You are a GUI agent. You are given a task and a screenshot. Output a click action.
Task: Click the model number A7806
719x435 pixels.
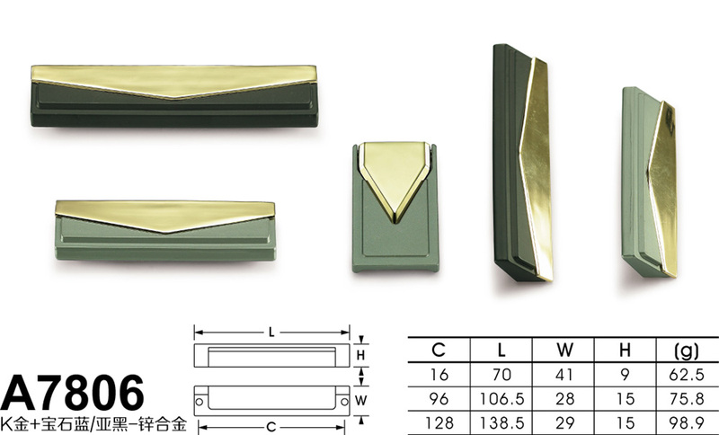pyautogui.click(x=73, y=393)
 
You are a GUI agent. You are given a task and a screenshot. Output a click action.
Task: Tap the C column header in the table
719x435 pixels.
pyautogui.click(x=439, y=351)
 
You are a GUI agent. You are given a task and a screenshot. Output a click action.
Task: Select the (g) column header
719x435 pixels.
pyautogui.click(x=687, y=351)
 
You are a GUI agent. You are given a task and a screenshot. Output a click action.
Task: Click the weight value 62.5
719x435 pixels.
pyautogui.click(x=687, y=375)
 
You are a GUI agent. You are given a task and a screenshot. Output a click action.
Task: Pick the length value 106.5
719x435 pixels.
pyautogui.click(x=502, y=399)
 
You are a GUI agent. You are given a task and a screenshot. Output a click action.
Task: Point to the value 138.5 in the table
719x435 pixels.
pyautogui.click(x=502, y=422)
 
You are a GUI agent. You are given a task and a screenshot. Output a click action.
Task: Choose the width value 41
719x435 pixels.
pyautogui.click(x=564, y=375)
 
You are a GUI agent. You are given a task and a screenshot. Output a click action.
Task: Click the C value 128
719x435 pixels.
pyautogui.click(x=439, y=422)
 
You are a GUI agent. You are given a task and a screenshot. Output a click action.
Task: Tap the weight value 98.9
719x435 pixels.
pyautogui.click(x=687, y=422)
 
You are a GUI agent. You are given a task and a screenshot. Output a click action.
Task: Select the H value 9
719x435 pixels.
pyautogui.click(x=625, y=375)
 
